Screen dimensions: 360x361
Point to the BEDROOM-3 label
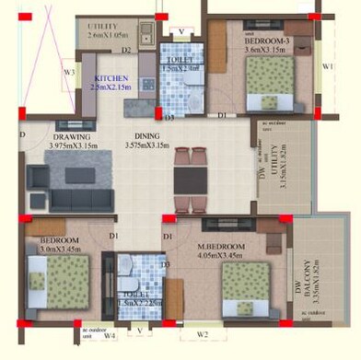pyautogui.click(x=268, y=42)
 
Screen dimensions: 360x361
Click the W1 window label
pyautogui.click(x=328, y=67)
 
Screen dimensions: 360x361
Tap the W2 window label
pyautogui.click(x=204, y=333)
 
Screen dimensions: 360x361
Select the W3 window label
pyautogui.click(x=68, y=71)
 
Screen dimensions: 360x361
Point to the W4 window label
pyautogui.click(x=109, y=336)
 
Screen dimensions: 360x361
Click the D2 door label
pyautogui.click(x=126, y=49)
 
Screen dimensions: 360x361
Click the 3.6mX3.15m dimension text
pyautogui.click(x=268, y=52)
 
